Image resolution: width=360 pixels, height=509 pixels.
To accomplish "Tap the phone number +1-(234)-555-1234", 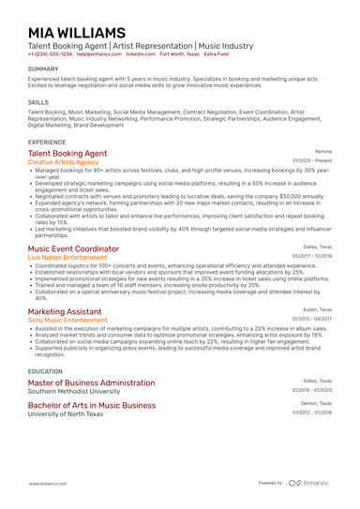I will (49, 54).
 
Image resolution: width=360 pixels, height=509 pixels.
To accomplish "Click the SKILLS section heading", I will (38, 101).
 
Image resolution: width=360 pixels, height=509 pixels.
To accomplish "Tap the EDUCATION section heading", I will (46, 371).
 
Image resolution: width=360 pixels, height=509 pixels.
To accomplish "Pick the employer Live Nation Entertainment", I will (67, 257).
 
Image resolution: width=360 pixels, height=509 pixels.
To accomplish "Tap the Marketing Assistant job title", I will (65, 310).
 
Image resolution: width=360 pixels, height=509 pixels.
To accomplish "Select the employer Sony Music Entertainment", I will (67, 320).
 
